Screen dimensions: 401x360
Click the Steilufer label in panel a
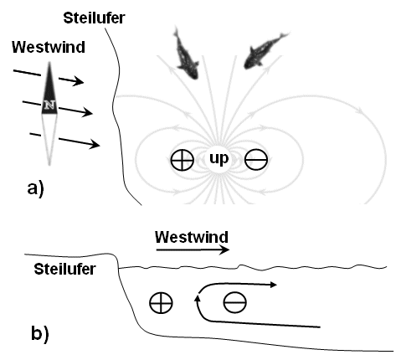pos(94,18)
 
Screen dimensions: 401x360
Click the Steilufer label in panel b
pos(64,270)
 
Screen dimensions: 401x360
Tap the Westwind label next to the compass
pos(49,47)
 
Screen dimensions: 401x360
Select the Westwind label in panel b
pos(192,237)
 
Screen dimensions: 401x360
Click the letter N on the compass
pos(49,105)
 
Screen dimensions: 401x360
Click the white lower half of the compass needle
pos(49,140)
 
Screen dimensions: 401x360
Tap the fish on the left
pos(185,54)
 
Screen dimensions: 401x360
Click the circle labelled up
pos(219,159)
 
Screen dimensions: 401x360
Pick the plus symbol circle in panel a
pos(183,160)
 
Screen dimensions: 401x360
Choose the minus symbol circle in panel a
pos(256,159)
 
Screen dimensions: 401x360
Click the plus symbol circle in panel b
pos(161,303)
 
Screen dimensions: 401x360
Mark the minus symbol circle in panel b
pos(235,302)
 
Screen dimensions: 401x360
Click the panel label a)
pos(36,188)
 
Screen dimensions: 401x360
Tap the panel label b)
pos(40,333)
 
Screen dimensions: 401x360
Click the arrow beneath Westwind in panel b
pos(193,249)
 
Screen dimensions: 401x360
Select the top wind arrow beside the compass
pos(49,76)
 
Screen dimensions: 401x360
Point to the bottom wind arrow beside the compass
pos(64,140)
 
